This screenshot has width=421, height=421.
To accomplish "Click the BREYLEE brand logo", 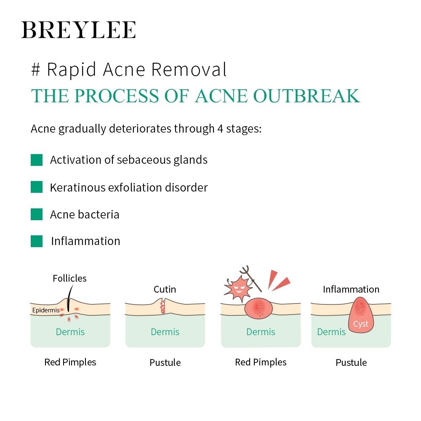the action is [78, 30].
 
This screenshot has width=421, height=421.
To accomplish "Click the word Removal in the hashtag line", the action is [189, 69].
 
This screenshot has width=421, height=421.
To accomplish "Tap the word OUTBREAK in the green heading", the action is [306, 96].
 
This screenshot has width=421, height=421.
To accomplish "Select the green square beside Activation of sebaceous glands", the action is [37, 160].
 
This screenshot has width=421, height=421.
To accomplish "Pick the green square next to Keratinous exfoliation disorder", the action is [37, 187].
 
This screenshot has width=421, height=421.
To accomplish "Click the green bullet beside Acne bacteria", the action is [37, 214].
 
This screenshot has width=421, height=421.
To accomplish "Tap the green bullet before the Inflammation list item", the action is [37, 241].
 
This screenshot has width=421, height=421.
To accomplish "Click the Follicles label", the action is [69, 278].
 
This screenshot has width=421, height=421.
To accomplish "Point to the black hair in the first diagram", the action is [69, 298].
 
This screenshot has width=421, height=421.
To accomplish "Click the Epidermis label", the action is [45, 310].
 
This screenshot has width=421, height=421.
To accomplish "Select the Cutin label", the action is [165, 290].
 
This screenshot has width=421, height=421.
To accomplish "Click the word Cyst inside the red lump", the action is [361, 324].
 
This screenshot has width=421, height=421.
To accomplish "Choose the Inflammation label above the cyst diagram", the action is [351, 290].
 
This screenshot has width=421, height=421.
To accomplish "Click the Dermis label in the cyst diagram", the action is [331, 332].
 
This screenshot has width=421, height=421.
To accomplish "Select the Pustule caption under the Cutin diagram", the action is [165, 363].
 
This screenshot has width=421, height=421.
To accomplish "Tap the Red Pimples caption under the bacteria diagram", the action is [261, 362].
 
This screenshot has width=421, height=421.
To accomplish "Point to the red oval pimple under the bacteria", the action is [258, 308].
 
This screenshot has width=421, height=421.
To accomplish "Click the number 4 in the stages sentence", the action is [220, 129].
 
